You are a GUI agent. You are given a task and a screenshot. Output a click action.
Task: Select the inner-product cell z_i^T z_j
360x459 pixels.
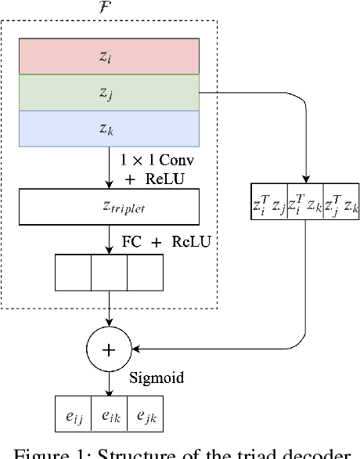(x=268, y=205)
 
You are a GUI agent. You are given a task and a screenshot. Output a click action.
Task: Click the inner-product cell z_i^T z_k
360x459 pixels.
(x=305, y=205)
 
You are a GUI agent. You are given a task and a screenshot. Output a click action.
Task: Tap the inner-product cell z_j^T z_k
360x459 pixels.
(x=340, y=205)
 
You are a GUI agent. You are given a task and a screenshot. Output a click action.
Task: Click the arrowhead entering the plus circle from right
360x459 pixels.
(x=139, y=349)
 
